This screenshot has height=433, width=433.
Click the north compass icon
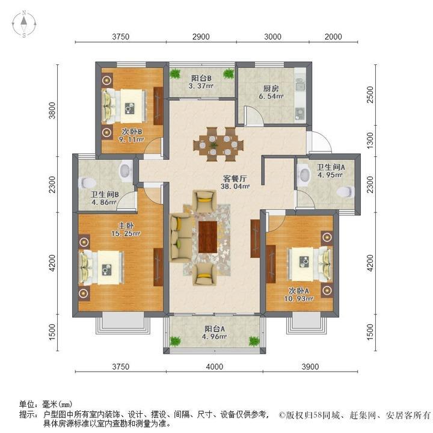[x=23, y=25]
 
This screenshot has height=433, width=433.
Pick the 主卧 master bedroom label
[x=124, y=225]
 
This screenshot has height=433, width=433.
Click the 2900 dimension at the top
[x=201, y=37]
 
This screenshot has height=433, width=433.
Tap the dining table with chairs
[x=219, y=143]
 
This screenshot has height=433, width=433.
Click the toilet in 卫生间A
[x=343, y=192]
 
